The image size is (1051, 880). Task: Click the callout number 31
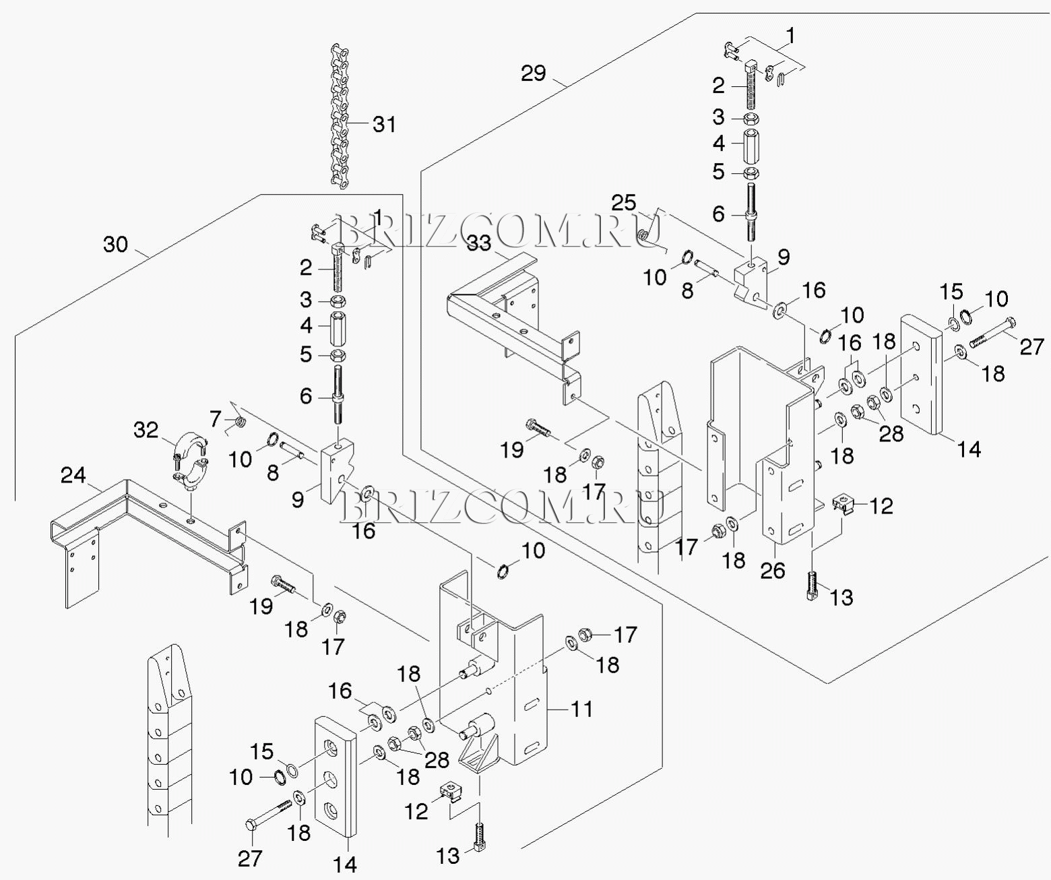coord(385,125)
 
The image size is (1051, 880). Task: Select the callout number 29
coord(534,73)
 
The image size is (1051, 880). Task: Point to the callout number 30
coord(115,244)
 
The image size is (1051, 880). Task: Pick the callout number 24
coord(73,476)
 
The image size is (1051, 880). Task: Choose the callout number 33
coord(479,243)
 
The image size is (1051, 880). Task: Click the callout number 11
coord(581,709)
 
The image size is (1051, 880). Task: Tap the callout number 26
coord(773,571)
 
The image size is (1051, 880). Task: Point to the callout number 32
coord(146,430)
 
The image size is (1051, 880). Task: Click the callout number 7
coord(215,419)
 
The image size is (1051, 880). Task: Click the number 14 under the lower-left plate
coord(346,865)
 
